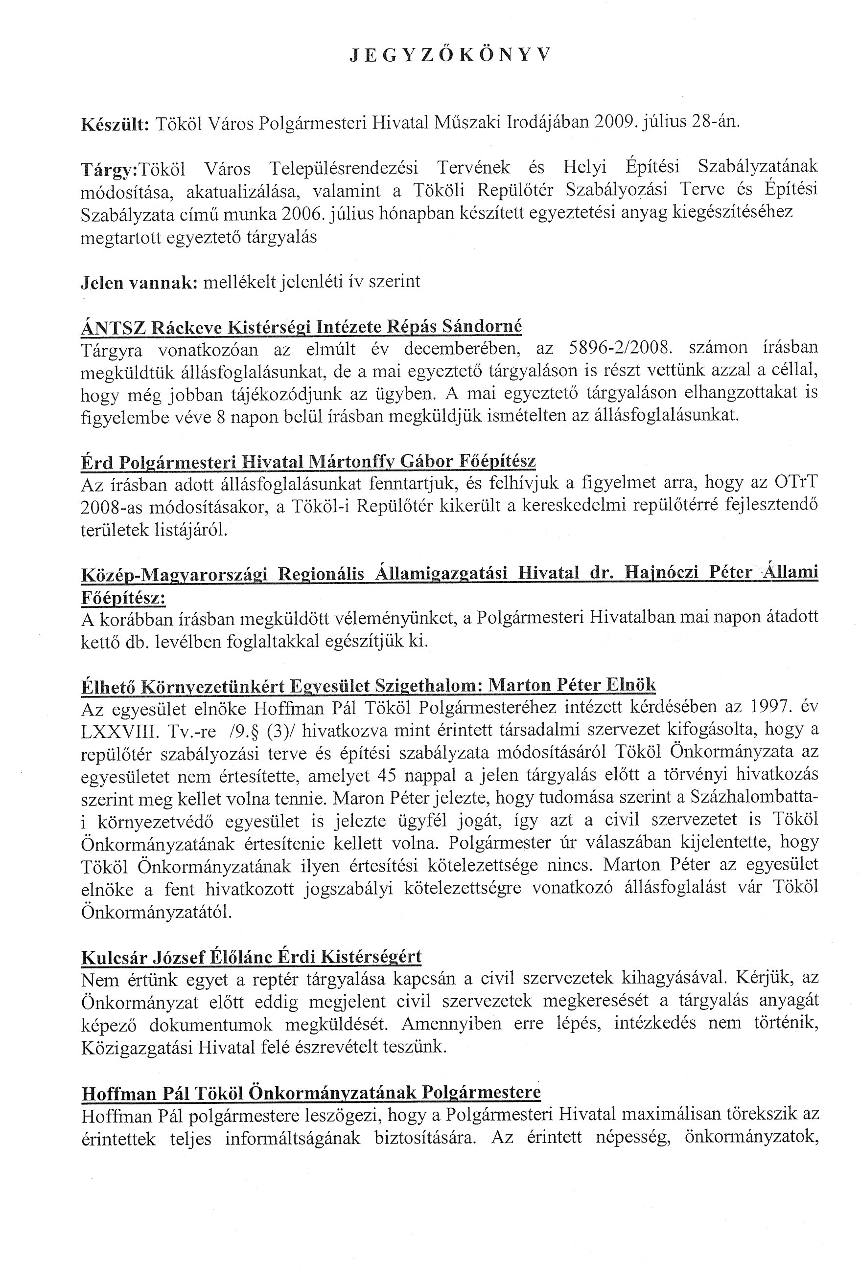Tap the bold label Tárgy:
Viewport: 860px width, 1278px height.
point(110,170)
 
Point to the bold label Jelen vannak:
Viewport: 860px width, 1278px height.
point(139,282)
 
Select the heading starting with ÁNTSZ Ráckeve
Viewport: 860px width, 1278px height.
point(301,327)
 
